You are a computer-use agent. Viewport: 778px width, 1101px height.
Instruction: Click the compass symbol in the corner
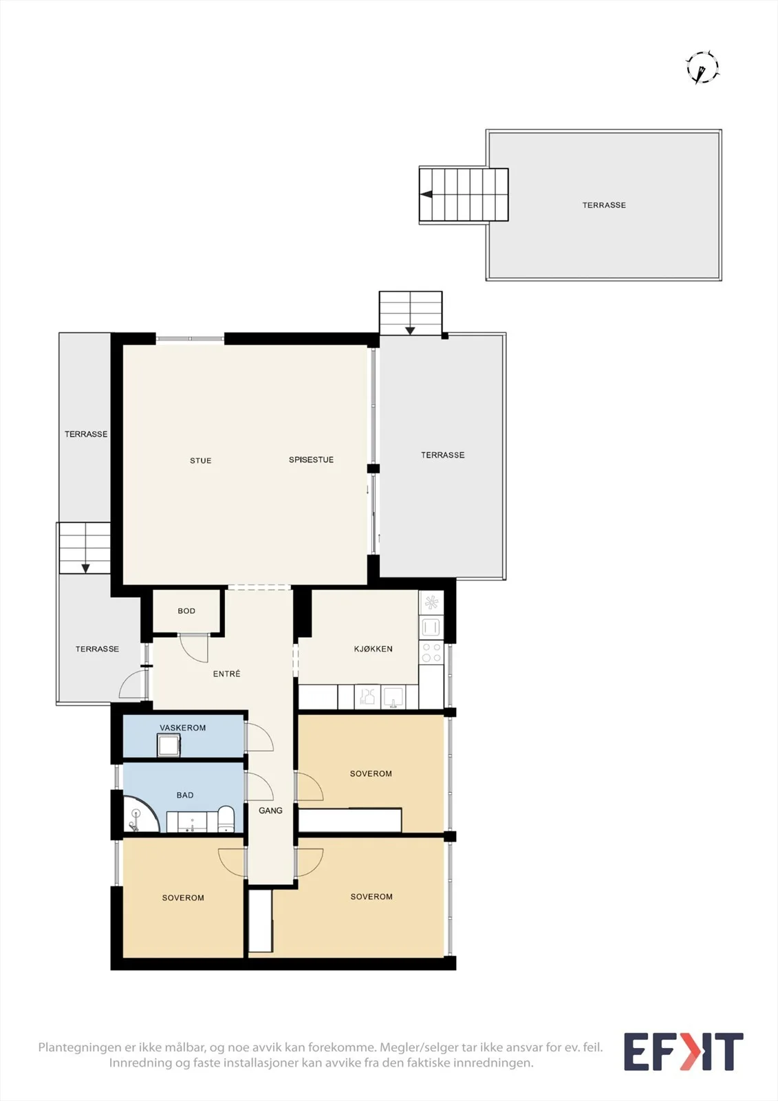point(703,67)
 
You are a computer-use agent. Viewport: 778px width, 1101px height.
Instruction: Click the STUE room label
point(201,460)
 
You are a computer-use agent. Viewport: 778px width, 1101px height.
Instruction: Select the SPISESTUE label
point(311,460)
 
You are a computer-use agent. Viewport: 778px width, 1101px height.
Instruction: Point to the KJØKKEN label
point(373,649)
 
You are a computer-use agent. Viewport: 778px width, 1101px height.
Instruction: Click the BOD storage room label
point(186,611)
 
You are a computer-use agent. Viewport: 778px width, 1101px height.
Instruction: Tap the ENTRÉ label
point(226,674)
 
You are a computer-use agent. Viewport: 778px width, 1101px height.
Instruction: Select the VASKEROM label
point(183,727)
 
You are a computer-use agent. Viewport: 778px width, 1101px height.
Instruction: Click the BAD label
point(185,795)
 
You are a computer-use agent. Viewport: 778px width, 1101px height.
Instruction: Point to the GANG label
point(270,810)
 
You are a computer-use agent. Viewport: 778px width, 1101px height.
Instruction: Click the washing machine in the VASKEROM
point(169,745)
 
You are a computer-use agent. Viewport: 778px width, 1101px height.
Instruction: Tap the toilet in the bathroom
point(226,820)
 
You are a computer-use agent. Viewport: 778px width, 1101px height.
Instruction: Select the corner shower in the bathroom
point(140,815)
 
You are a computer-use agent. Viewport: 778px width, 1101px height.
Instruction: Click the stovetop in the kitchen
point(431,653)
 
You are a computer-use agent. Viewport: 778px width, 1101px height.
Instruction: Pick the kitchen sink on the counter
point(393,697)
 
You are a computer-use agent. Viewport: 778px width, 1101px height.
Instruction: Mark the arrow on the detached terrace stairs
point(426,194)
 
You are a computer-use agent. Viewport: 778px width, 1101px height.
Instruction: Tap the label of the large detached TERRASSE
point(604,205)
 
